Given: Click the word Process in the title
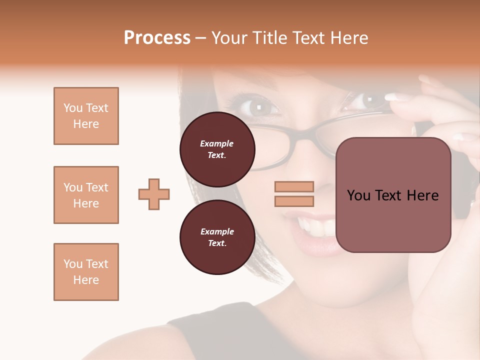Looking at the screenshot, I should [x=157, y=38].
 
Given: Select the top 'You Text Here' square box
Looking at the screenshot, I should [x=86, y=116].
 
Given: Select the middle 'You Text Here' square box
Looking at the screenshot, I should [x=86, y=195].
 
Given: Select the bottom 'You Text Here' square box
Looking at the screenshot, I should [x=86, y=272].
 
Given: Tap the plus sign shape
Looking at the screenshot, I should [x=154, y=194].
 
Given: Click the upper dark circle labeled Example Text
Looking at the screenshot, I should [x=217, y=149].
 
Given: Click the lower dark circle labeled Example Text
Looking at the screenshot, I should [x=217, y=237].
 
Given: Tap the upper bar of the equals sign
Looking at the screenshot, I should [x=294, y=186].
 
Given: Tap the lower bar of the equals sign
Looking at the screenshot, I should [x=294, y=201].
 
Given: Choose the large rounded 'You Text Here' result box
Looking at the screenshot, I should [x=393, y=195].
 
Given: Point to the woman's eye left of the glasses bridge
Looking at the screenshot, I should [x=259, y=105].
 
